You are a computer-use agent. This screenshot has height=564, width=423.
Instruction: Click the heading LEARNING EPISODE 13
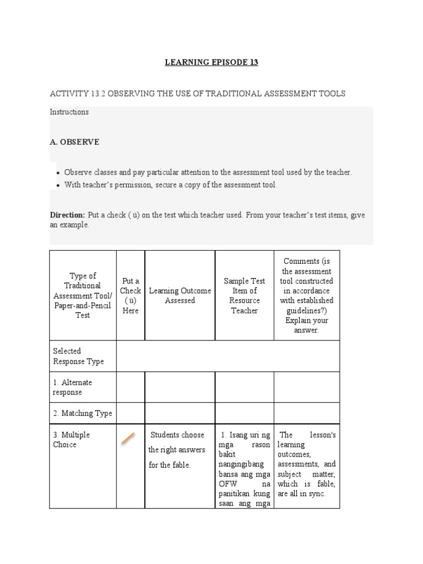coord(211,62)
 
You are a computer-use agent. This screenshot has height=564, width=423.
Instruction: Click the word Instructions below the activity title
coord(69,112)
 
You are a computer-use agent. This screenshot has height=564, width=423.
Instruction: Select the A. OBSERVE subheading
coord(75,142)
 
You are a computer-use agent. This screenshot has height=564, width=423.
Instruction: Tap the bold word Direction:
coord(68,215)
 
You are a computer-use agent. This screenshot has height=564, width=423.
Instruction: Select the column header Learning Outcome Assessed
coord(180,296)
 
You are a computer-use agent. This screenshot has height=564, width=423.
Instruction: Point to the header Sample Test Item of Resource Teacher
coord(245,296)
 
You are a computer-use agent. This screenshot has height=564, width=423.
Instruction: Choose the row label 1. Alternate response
coord(73,387)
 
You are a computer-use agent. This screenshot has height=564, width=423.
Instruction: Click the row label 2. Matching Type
coord(83,413)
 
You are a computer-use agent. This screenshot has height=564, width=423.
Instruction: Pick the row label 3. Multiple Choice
coord(72,440)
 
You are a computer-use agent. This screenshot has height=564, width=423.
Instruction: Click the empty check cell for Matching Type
coord(131,413)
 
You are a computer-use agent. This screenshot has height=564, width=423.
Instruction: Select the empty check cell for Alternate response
coord(131,387)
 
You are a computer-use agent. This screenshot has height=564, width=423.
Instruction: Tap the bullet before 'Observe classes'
coord(58,172)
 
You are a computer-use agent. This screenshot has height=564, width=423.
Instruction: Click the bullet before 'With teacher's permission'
coord(58,185)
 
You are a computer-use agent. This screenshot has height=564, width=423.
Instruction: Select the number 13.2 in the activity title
coord(95,94)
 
